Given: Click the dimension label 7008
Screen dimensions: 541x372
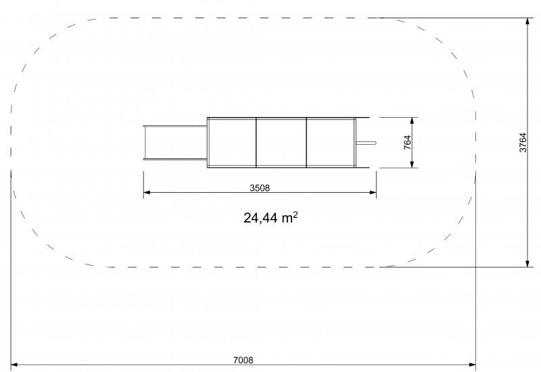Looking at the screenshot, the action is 243,361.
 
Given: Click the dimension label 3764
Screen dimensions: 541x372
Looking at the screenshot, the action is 523,143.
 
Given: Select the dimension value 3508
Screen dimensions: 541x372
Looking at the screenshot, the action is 260,188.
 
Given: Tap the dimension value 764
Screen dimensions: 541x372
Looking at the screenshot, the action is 408,143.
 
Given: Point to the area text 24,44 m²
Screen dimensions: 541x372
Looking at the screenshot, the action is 270,218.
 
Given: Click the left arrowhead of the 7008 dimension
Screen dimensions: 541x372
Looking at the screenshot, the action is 14,365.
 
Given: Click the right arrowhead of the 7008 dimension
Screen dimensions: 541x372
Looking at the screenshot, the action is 472,365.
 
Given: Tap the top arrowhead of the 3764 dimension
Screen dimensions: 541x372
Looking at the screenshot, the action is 527,21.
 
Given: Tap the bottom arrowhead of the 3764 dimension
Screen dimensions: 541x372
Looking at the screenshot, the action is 527,264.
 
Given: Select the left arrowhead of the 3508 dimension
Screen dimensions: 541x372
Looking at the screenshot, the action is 147,192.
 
